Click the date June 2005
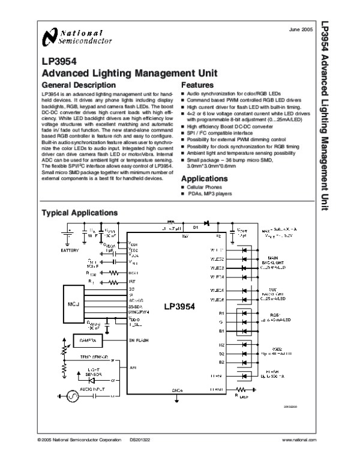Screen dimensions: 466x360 pos(300,29)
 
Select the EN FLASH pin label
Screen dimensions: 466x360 pos(139,340)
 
